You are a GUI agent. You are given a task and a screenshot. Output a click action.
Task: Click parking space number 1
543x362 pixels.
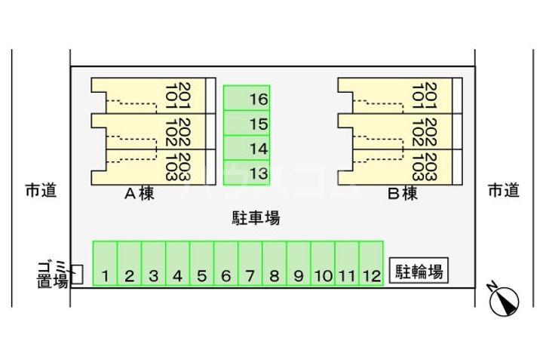click(105, 264)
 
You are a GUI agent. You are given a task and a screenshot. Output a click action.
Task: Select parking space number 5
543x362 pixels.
click(201, 264)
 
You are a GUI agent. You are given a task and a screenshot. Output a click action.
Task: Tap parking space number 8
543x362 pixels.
click(274, 264)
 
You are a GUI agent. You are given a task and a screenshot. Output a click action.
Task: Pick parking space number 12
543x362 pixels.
click(370, 264)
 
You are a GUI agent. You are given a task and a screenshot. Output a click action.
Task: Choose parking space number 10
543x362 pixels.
click(322, 264)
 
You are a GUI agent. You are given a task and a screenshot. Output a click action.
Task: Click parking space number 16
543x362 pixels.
click(247, 99)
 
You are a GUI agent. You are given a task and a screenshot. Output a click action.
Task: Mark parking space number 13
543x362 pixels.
click(247, 173)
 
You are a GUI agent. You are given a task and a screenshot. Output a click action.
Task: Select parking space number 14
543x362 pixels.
click(247, 149)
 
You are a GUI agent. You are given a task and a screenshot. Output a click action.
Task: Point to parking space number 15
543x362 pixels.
click(247, 124)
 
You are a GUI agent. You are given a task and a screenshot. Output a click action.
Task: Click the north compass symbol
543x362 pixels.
click(504, 301)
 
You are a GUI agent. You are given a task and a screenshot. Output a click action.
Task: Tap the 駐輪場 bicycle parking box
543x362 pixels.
click(419, 271)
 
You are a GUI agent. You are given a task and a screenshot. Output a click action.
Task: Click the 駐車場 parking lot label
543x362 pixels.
click(255, 219)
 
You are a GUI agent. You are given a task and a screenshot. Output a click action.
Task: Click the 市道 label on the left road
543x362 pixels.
click(41, 191)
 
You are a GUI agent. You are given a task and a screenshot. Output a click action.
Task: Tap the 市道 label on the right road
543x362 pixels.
click(503, 191)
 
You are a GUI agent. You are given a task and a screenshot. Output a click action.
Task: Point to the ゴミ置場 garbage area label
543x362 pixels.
click(53, 274)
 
